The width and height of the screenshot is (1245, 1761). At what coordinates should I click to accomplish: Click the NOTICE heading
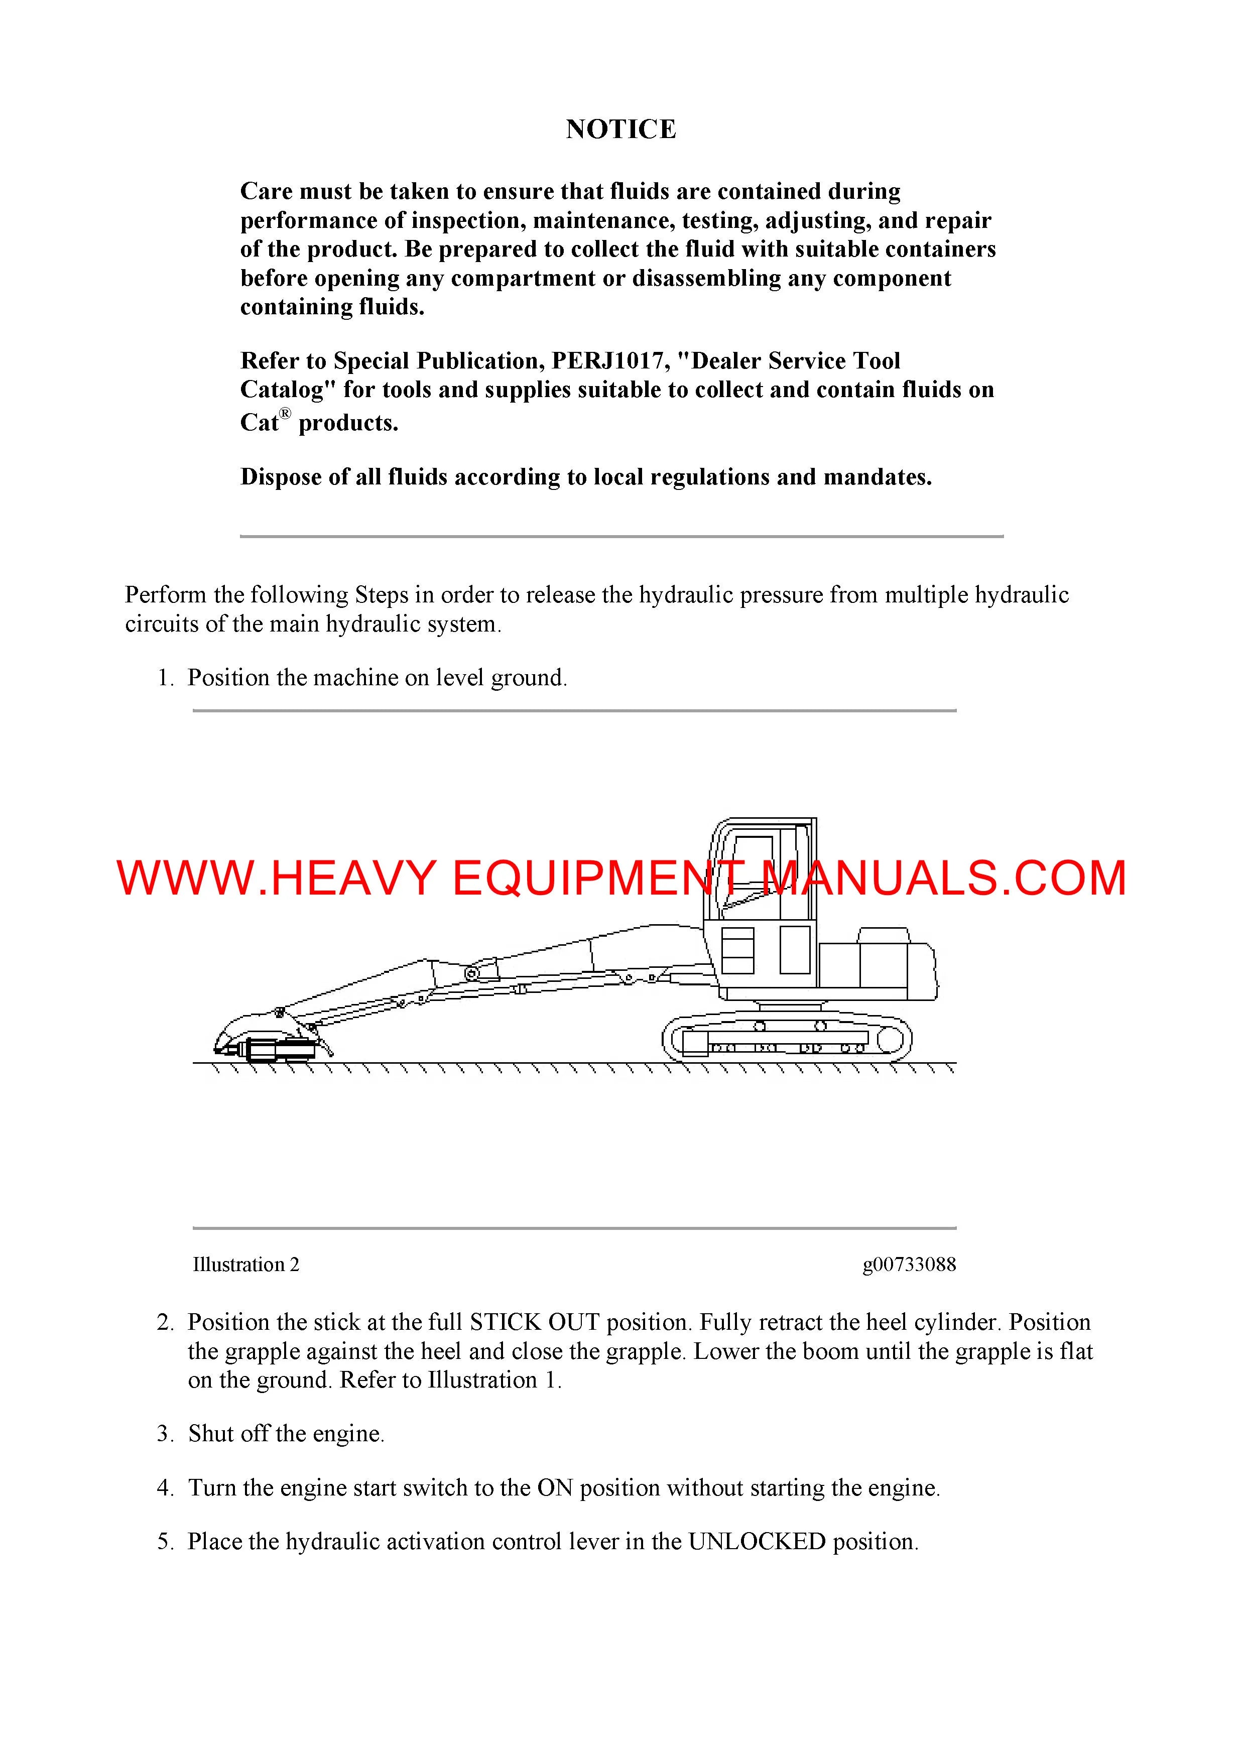tap(620, 129)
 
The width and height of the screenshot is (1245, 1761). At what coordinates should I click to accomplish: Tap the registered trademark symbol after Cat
tap(285, 414)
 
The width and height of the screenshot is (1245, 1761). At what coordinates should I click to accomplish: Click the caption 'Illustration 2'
tap(245, 1265)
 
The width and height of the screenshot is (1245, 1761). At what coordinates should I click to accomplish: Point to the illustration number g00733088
tap(909, 1265)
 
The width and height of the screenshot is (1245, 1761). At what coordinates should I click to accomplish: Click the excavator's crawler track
tap(786, 1041)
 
